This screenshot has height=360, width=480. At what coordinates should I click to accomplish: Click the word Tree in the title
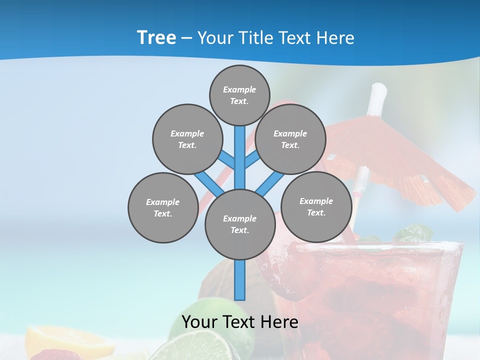coord(156,38)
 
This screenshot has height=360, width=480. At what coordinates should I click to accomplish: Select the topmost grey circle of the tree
coord(239,95)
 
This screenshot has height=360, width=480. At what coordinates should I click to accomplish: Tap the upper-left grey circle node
coord(187,139)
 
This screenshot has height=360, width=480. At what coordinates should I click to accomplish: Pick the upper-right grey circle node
coord(290,139)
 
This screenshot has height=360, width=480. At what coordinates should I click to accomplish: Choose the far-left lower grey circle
coord(163,207)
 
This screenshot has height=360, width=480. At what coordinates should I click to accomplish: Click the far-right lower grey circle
coord(316,206)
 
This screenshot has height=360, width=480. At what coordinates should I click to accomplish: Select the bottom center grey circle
coord(239,224)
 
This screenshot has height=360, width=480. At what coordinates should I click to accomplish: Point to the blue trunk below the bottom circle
coord(240,280)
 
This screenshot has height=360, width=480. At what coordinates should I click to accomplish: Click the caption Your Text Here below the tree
coord(239,322)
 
